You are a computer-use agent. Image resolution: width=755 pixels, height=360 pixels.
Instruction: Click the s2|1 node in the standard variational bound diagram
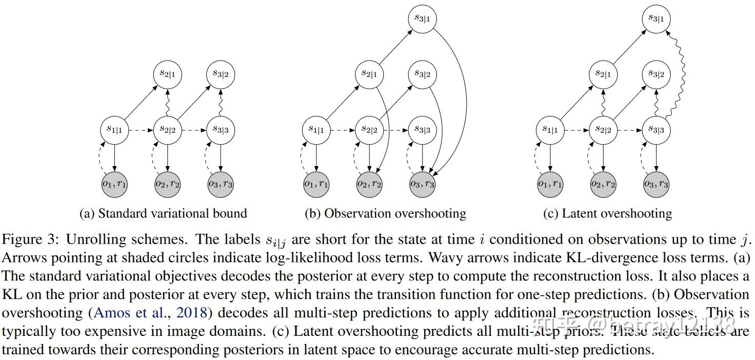click(167, 74)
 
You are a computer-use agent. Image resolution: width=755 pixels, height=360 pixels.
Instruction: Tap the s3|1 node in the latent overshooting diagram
click(657, 19)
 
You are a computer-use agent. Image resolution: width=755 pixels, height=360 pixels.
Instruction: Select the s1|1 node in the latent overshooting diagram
click(550, 130)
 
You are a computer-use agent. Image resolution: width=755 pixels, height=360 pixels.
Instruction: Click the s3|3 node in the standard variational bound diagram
click(220, 130)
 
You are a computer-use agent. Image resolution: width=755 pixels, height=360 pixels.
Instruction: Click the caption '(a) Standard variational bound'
click(163, 213)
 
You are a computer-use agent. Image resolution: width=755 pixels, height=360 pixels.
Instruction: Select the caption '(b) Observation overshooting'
click(385, 213)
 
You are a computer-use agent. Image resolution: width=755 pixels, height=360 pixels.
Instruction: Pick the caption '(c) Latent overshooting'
click(607, 213)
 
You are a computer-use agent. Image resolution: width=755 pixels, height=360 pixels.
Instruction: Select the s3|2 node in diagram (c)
click(657, 74)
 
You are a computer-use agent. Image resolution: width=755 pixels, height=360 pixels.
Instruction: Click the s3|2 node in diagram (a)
click(220, 74)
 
